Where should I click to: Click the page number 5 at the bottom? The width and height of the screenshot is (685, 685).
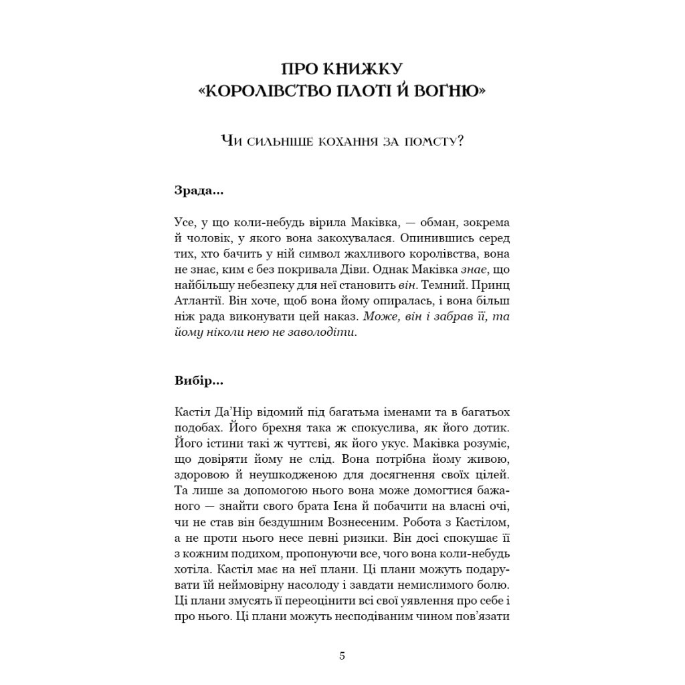(x=342, y=656)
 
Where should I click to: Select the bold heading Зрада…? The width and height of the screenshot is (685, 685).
(x=199, y=191)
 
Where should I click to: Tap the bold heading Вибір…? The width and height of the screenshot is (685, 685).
(x=199, y=381)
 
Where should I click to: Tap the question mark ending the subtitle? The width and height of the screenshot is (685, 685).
(x=460, y=141)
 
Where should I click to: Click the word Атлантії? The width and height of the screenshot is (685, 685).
(x=194, y=301)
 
